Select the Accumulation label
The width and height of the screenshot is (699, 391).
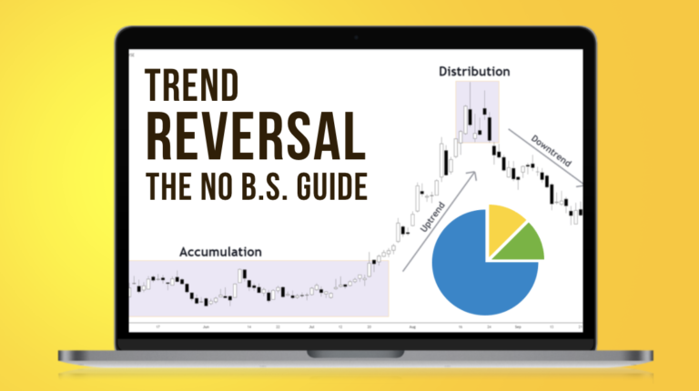pos(220,251)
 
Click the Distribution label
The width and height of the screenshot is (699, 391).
pos(474,70)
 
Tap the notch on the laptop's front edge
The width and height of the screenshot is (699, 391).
pos(349,352)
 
